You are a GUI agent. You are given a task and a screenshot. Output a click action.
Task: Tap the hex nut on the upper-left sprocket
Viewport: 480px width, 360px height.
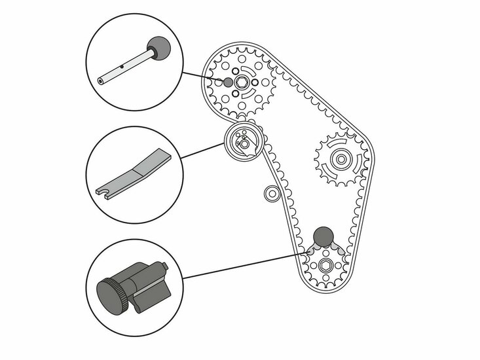pyautogui.click(x=240, y=81)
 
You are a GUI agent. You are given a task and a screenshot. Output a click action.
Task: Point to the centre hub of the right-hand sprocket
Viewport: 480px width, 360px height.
pyautogui.click(x=339, y=157)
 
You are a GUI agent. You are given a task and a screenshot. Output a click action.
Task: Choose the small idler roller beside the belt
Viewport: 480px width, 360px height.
pyautogui.click(x=269, y=192)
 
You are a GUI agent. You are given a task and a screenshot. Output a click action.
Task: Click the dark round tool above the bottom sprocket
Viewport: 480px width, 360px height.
pyautogui.click(x=322, y=235)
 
